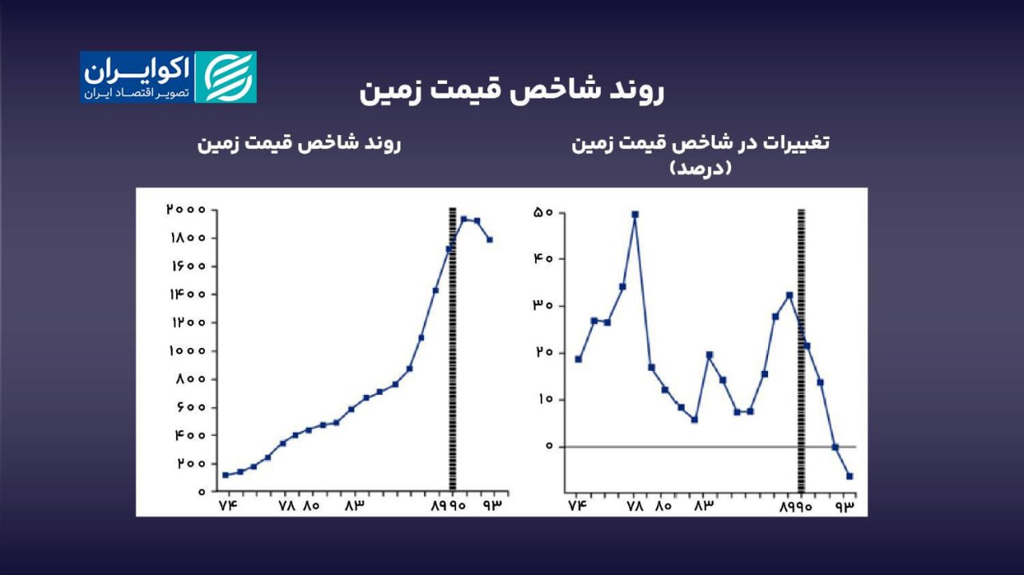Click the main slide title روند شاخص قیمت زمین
click(x=512, y=90)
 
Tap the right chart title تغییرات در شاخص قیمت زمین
click(x=701, y=143)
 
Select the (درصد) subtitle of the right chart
click(x=701, y=168)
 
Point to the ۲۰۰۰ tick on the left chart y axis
click(x=186, y=210)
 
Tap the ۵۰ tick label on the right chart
click(x=543, y=213)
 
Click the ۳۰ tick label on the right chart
click(x=543, y=306)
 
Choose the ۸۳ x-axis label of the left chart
click(x=354, y=506)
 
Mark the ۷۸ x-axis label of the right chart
click(x=635, y=506)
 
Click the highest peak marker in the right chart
click(x=635, y=214)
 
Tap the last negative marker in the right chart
click(x=850, y=477)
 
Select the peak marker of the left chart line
click(x=463, y=219)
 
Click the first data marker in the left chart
click(x=226, y=475)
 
